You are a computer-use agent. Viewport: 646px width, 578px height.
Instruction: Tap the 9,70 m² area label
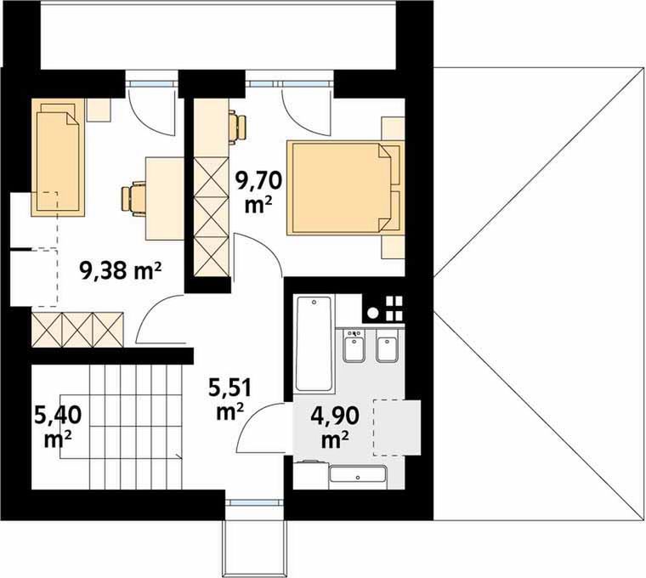pos(258,193)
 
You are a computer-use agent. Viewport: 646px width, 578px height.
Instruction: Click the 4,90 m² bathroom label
pos(335,428)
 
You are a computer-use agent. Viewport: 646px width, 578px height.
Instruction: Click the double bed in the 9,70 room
pos(345,188)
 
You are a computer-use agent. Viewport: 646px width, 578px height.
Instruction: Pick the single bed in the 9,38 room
pos(58,157)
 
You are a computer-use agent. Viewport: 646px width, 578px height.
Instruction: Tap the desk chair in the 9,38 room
pos(134,200)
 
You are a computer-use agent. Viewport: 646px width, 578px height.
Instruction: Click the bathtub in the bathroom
pos(314,344)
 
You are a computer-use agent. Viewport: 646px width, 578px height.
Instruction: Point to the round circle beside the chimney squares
pos(373,313)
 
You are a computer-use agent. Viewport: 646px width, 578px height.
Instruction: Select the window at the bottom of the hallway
pos(255,501)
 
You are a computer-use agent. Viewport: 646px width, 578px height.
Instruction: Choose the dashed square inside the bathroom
pos(397,428)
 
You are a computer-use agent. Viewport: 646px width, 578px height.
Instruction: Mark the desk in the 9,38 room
pos(164,200)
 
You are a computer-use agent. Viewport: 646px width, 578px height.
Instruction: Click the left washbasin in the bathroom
pos(354,345)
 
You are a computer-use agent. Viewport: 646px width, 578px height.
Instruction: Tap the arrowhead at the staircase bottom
pos(178,456)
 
